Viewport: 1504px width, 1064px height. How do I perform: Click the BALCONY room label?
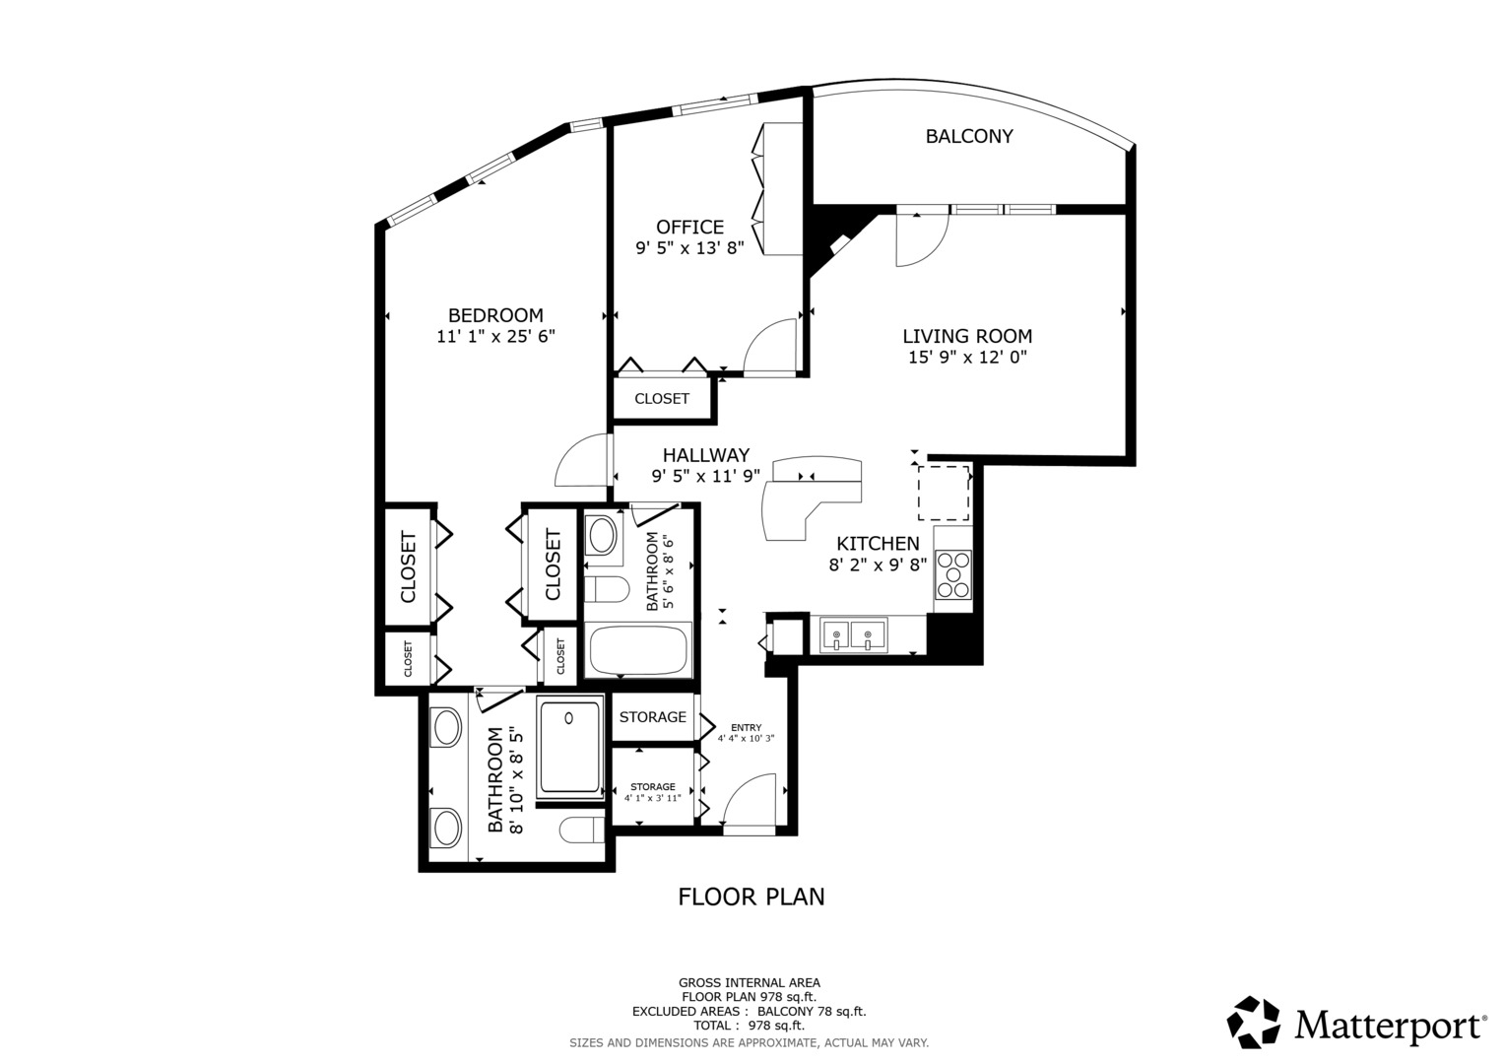pyautogui.click(x=968, y=136)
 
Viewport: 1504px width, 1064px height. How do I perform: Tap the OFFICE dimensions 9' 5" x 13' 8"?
pyautogui.click(x=689, y=248)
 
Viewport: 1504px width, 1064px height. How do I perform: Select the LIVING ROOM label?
pyautogui.click(x=967, y=336)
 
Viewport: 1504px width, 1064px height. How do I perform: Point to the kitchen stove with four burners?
pyautogui.click(x=953, y=574)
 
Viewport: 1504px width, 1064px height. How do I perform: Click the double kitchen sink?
pyautogui.click(x=853, y=634)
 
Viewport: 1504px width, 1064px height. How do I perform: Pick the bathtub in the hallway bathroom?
pyautogui.click(x=637, y=650)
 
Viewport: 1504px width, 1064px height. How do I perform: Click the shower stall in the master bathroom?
pyautogui.click(x=569, y=747)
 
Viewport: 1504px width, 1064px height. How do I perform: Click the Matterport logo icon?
pyautogui.click(x=1253, y=1023)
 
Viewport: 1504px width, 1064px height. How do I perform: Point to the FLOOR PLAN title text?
pyautogui.click(x=751, y=897)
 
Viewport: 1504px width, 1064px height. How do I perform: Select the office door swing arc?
pyautogui.click(x=758, y=333)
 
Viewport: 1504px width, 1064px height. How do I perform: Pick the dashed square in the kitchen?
pyautogui.click(x=944, y=493)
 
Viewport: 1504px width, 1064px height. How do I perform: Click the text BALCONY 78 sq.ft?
pyautogui.click(x=812, y=1011)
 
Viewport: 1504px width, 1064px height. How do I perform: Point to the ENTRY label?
pyautogui.click(x=746, y=727)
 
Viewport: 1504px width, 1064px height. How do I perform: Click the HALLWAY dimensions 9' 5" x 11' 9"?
pyautogui.click(x=705, y=476)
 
